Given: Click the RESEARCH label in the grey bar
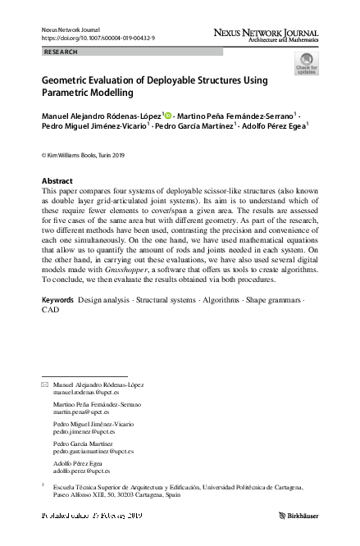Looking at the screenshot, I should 62,52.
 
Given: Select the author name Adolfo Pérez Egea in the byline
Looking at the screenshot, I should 273,128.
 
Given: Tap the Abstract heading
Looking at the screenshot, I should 57,180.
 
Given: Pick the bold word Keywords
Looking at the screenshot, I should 58,300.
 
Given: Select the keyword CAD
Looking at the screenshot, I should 50,311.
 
